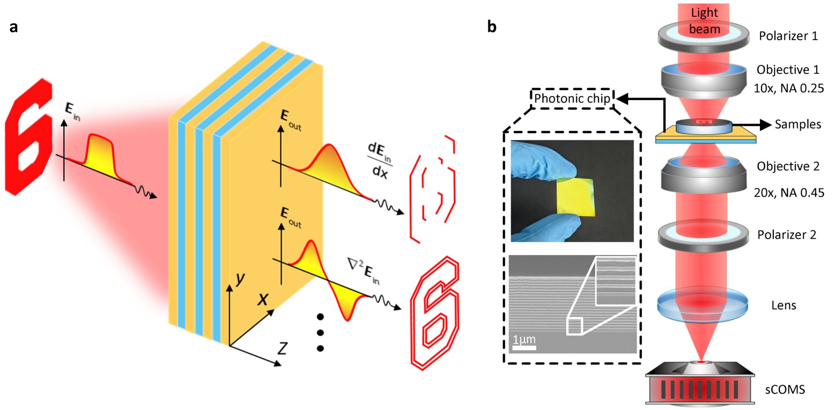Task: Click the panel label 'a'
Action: tap(14, 27)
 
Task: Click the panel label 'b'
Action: tap(492, 27)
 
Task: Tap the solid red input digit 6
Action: tap(29, 137)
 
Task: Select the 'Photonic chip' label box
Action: tap(572, 98)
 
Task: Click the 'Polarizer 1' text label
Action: tap(788, 36)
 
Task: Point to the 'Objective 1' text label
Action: tap(788, 70)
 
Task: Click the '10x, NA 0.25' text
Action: tap(789, 88)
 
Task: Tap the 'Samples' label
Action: tap(797, 124)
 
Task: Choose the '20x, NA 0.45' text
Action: tap(789, 192)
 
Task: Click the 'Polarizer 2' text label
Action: tap(786, 235)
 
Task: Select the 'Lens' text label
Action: tap(783, 305)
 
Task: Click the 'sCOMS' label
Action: tap(785, 390)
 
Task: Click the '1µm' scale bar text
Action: tap(524, 339)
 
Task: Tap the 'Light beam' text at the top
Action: tap(704, 21)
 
